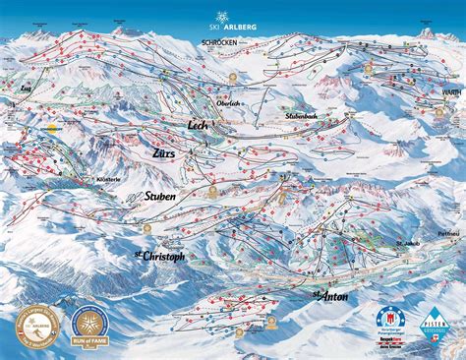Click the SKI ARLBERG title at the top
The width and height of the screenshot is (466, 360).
tap(232, 28)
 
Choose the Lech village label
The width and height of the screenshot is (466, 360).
tap(200, 125)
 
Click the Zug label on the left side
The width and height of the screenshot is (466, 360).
tap(27, 88)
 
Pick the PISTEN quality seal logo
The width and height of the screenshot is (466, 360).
tap(437, 321)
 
